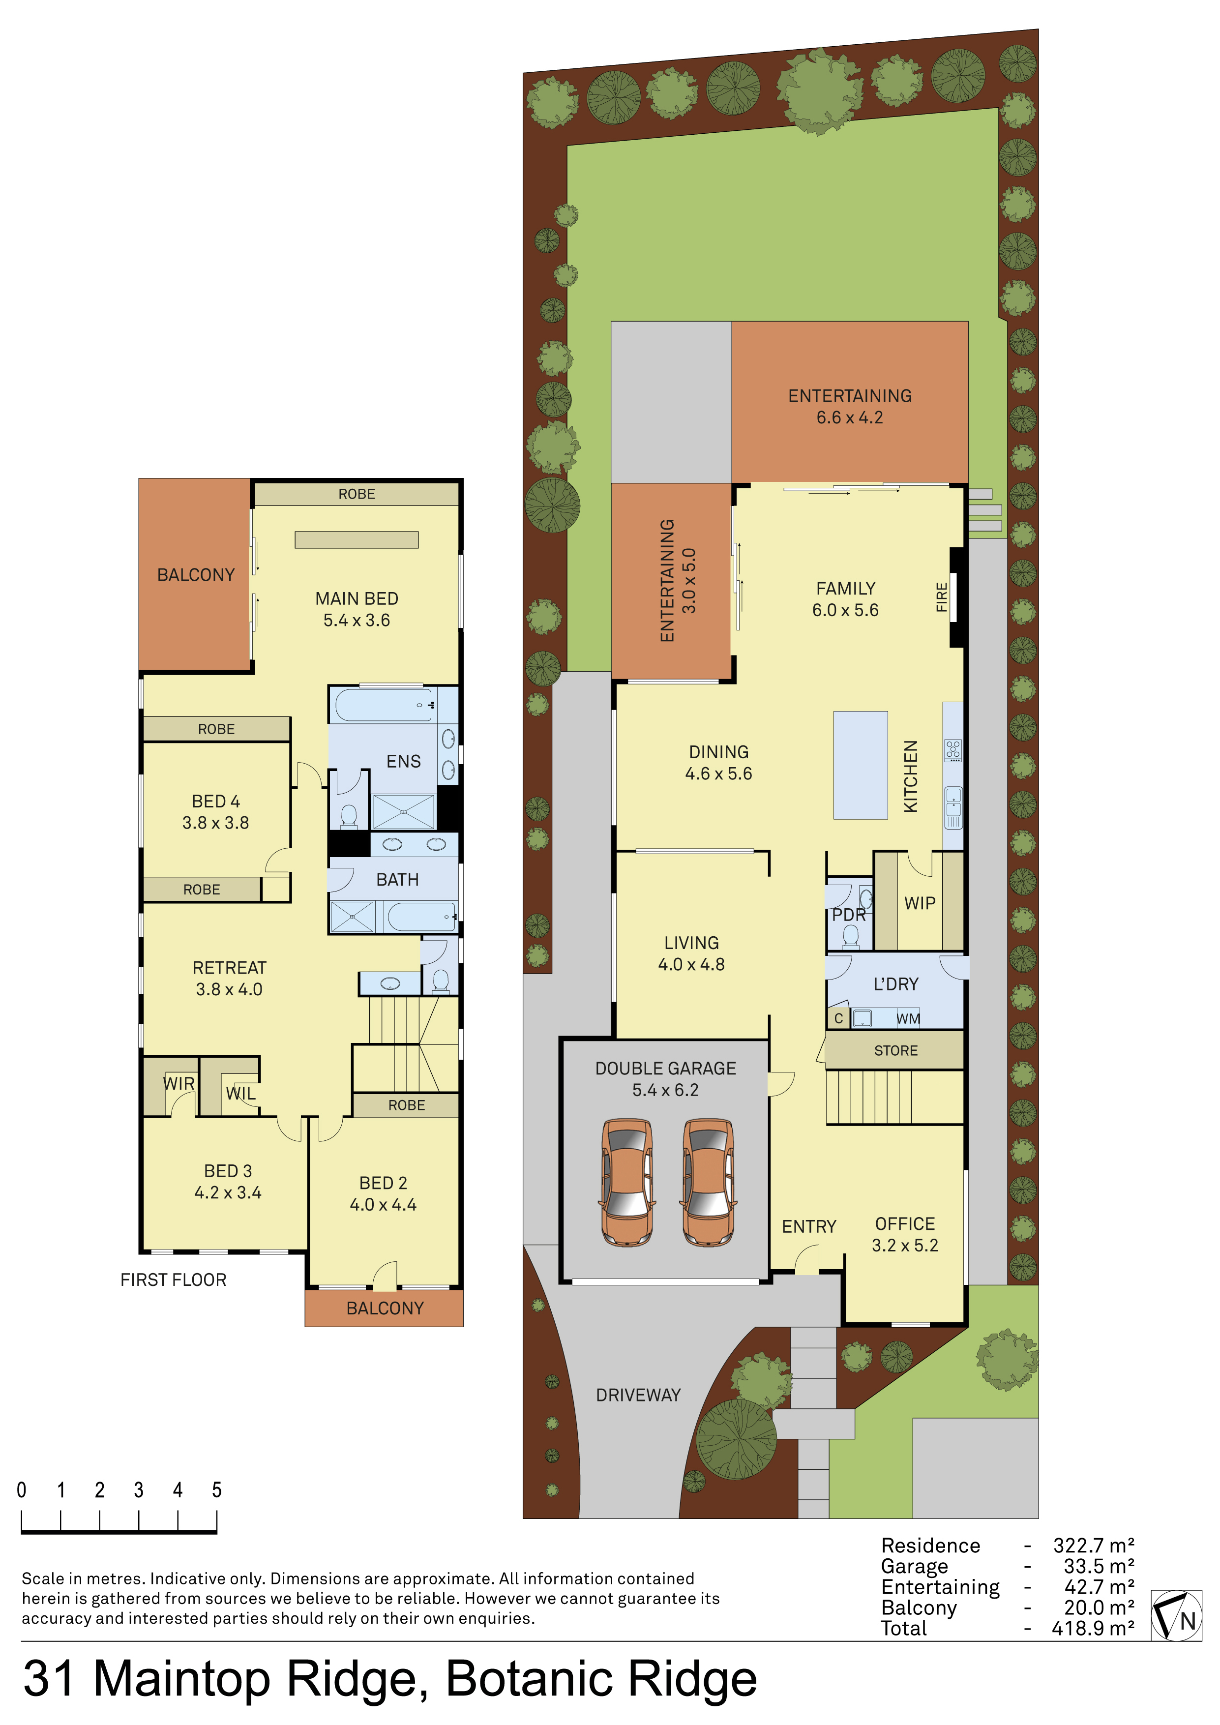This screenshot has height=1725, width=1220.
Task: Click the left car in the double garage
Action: pos(626,1183)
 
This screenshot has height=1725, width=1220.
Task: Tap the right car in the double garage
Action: pos(708,1183)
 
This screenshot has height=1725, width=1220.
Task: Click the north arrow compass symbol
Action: pos(1176,1615)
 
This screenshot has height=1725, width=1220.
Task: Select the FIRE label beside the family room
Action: pos(941,597)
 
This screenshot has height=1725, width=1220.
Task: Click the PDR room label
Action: pos(849,915)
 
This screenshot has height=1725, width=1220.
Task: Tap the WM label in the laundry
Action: pos(908,1019)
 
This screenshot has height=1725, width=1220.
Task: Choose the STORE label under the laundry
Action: pos(895,1050)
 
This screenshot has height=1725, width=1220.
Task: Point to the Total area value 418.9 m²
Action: pos(1093,1628)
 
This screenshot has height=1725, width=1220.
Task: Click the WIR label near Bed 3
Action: pos(179,1083)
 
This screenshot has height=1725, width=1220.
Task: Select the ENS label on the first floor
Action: pos(403,761)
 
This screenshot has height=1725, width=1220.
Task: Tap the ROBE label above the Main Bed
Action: pos(357,494)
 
